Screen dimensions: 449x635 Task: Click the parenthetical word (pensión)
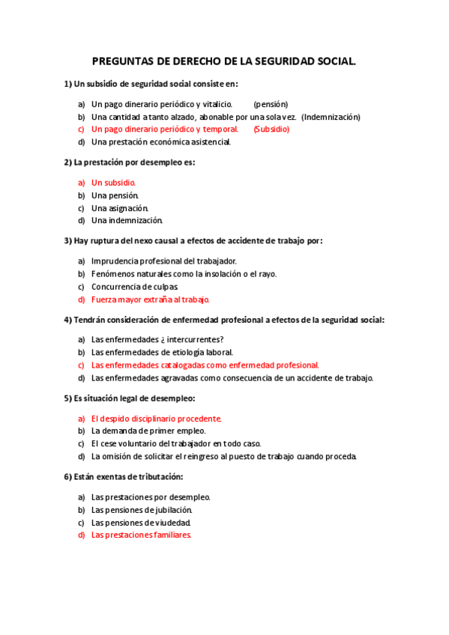coord(271,104)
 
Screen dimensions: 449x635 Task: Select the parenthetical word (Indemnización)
coord(331,117)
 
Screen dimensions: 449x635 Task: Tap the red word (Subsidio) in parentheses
coord(271,129)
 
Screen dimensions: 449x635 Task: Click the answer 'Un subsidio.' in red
coord(113,182)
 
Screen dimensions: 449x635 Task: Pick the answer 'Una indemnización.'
coord(127,220)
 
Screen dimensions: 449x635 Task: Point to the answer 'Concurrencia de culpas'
coord(134,286)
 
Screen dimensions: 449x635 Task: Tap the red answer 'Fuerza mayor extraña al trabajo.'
coord(151,299)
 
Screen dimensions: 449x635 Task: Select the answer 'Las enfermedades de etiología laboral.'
coord(162,352)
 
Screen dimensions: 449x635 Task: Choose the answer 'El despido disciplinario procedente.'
coord(156,419)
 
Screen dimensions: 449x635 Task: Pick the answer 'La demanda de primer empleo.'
coord(148,431)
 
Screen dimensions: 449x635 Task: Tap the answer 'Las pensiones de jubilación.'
coord(147,509)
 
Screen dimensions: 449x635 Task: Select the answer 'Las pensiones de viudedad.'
coord(141,522)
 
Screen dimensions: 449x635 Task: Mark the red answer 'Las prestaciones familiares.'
coord(142,535)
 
